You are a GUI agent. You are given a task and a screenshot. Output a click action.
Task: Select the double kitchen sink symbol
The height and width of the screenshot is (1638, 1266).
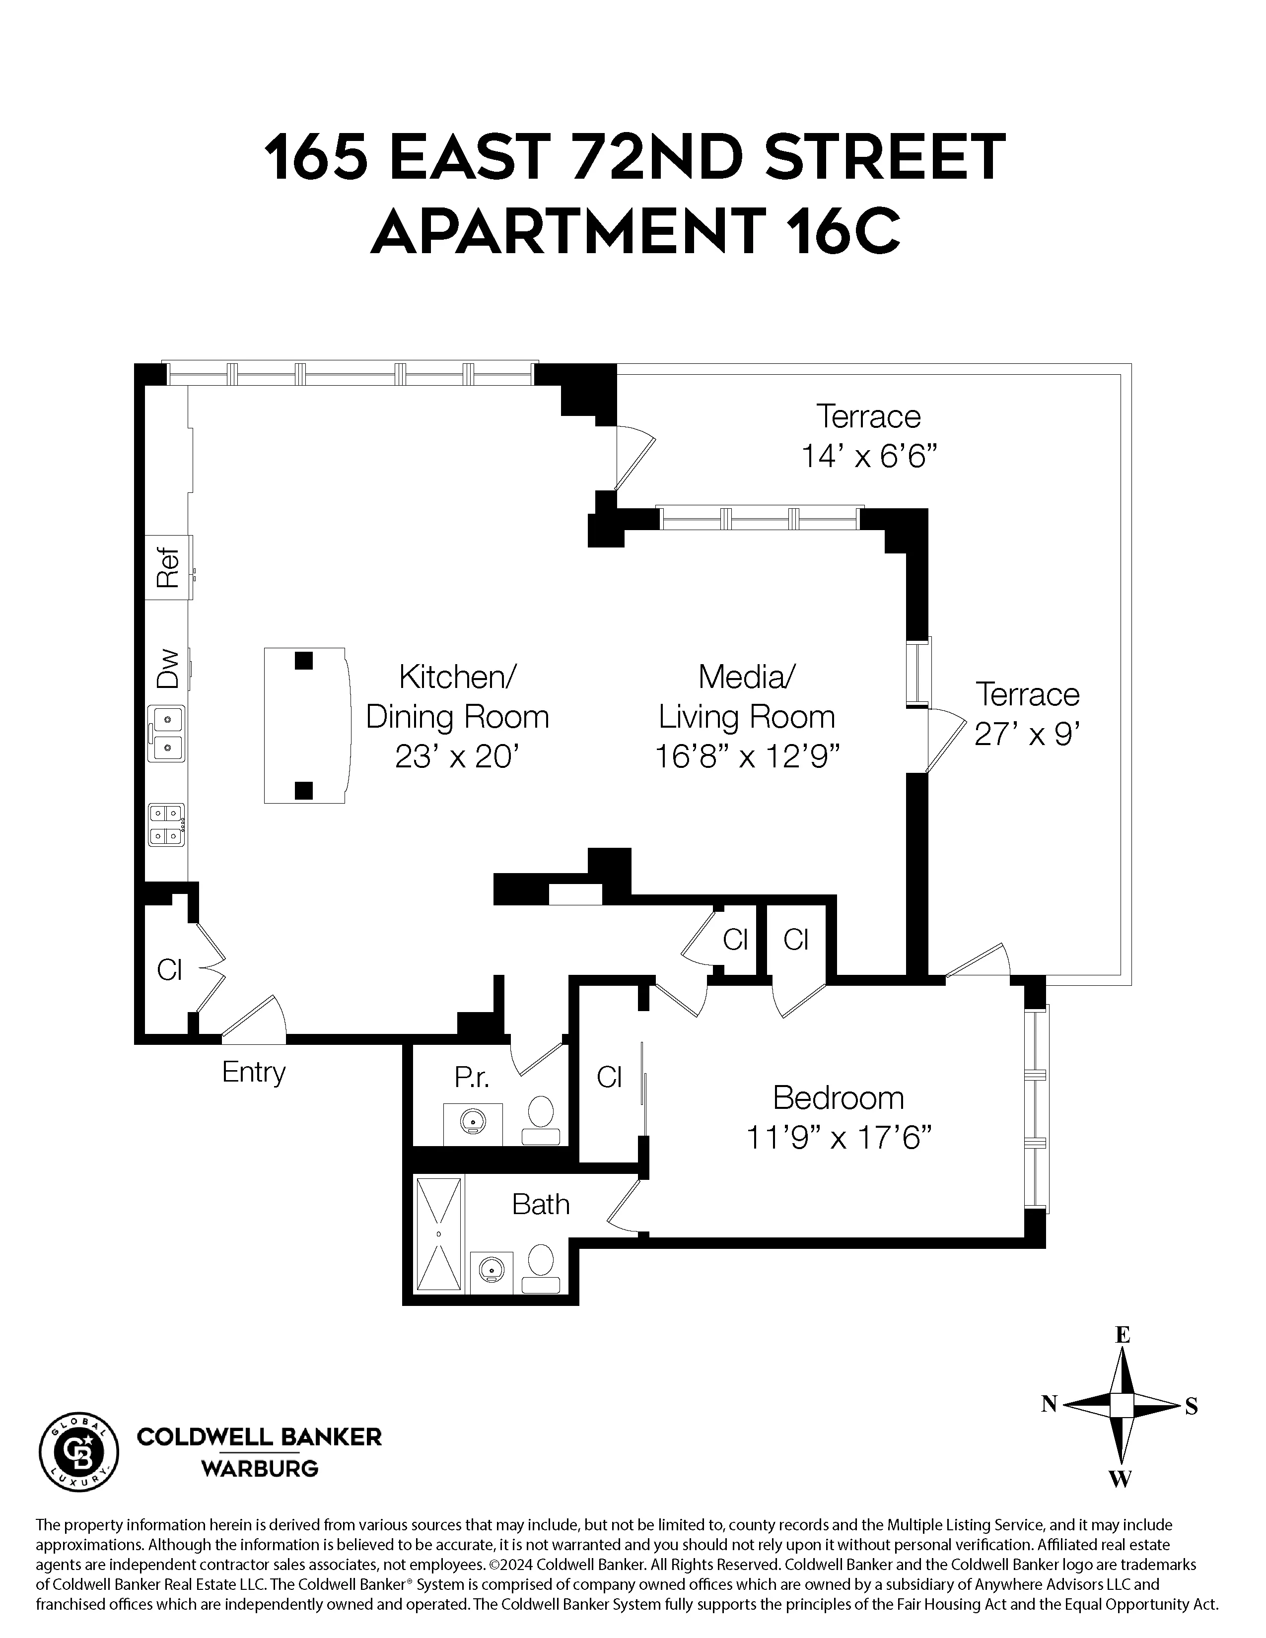tap(166, 734)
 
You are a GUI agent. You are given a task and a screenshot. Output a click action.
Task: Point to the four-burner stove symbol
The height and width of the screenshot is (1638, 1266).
tap(166, 825)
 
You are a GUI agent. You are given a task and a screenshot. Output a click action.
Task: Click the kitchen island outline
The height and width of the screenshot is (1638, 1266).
tap(306, 725)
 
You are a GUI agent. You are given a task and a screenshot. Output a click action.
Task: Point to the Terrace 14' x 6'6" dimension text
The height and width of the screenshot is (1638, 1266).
tap(869, 456)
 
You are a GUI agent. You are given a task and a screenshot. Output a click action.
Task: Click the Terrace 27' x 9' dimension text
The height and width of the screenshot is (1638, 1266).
tap(1026, 735)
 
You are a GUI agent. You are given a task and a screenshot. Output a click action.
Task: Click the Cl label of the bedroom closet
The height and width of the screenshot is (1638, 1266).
tap(609, 1078)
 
